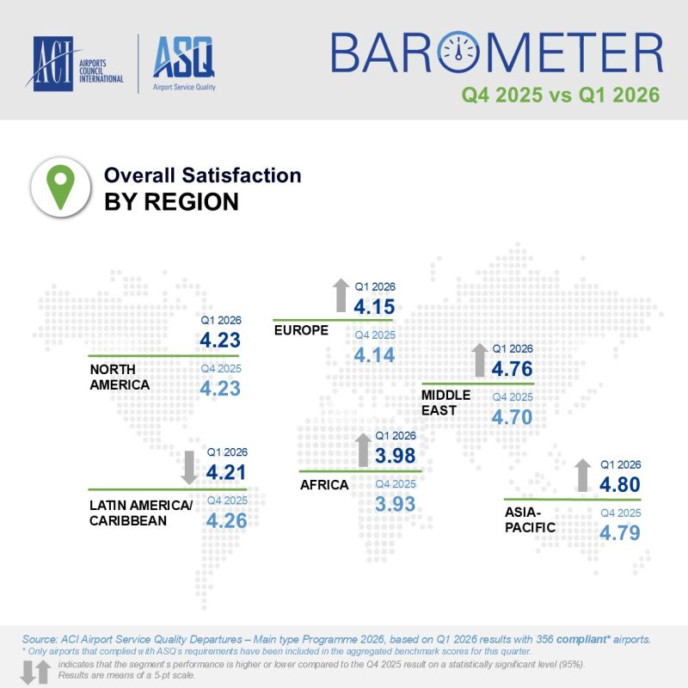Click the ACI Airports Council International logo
click(77, 64)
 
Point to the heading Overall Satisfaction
click(202, 175)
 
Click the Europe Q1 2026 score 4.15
click(374, 307)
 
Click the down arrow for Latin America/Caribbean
click(186, 466)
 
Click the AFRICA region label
click(323, 485)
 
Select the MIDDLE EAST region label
click(445, 402)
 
